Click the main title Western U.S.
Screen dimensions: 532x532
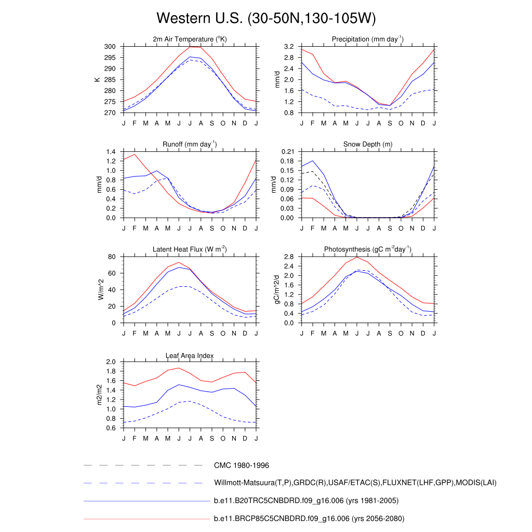click(x=265, y=18)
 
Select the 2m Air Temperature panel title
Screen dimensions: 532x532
click(x=190, y=39)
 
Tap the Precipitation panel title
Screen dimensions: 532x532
click(x=368, y=39)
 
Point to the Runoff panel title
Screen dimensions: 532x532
click(x=190, y=144)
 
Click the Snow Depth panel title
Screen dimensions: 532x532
click(x=368, y=144)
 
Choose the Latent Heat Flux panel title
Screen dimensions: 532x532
click(x=190, y=249)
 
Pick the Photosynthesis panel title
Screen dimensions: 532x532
click(x=368, y=249)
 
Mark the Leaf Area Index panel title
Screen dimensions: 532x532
click(x=190, y=355)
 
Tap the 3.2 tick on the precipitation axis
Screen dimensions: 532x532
click(x=288, y=47)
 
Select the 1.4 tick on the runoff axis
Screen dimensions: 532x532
click(x=110, y=152)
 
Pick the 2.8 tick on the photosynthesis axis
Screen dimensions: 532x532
click(x=288, y=257)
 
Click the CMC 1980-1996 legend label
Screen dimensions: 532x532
click(x=241, y=465)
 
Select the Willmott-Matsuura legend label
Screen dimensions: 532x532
click(x=355, y=483)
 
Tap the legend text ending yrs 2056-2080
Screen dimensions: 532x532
click(x=309, y=518)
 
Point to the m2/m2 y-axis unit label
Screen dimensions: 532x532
click(x=99, y=394)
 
